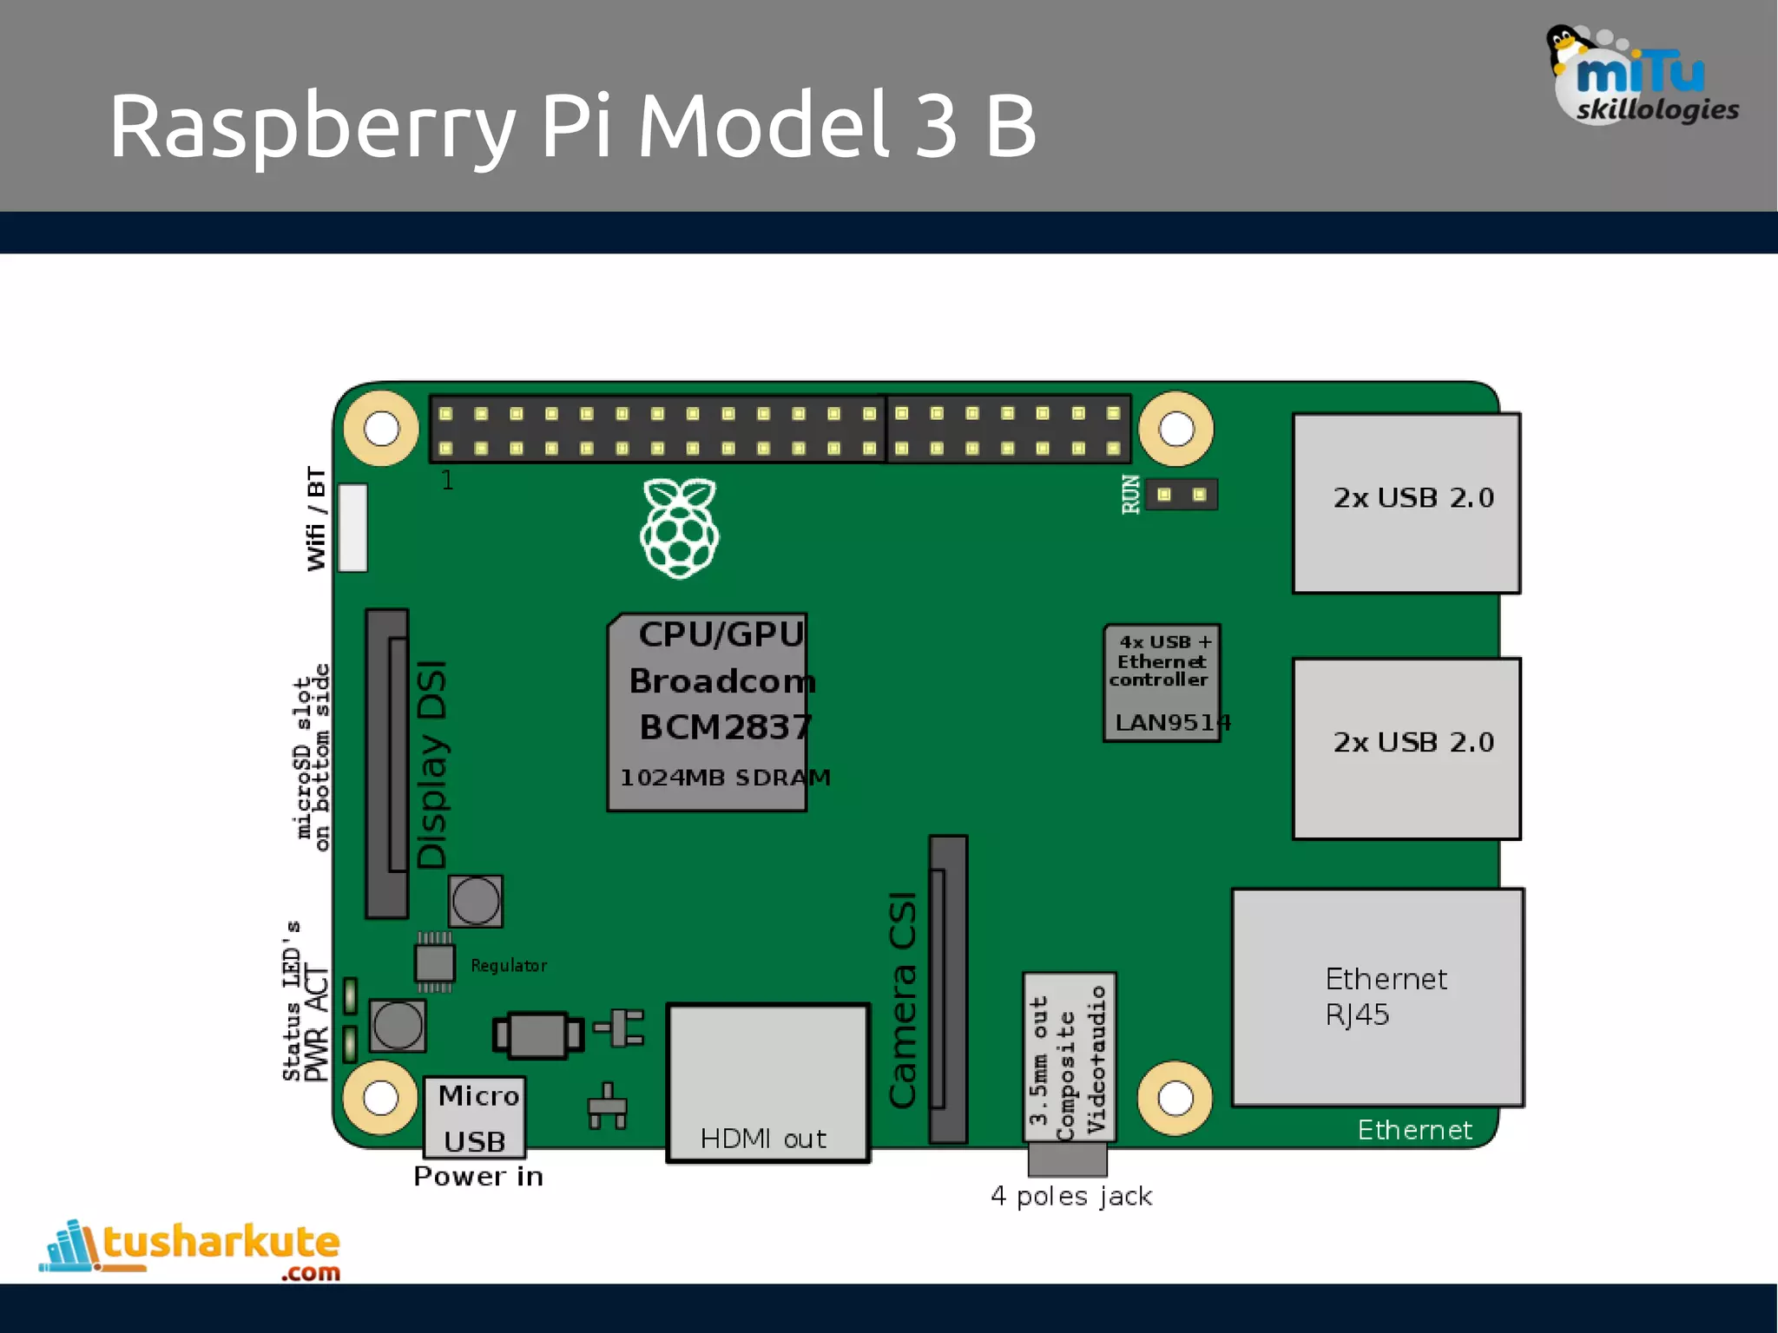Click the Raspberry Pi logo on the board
tap(680, 528)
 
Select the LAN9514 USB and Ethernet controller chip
tap(1162, 683)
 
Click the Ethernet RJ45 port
tap(1378, 997)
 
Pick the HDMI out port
tap(767, 1082)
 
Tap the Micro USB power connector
tap(475, 1118)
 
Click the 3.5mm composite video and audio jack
tap(1069, 1057)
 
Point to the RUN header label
tap(1130, 495)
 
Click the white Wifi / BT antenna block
tap(352, 528)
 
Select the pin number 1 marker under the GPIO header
tap(447, 480)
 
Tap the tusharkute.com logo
tap(191, 1250)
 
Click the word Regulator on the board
tap(509, 966)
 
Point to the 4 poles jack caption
tap(1071, 1197)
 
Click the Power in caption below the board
tap(478, 1177)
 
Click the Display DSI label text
tap(431, 764)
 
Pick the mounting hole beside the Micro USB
tap(380, 1098)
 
